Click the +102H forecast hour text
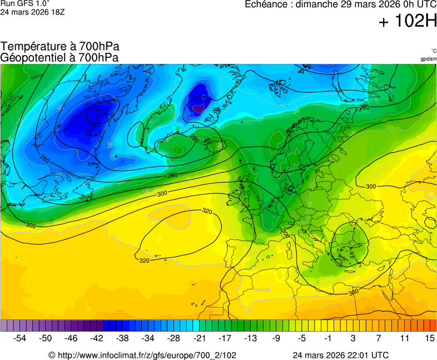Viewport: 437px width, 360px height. click(408, 22)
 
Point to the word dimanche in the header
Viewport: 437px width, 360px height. click(316, 4)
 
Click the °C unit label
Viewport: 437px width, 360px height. click(433, 51)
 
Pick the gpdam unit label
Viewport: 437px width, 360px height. click(428, 58)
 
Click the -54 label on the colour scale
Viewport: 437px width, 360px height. click(20, 338)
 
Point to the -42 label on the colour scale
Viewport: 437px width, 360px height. click(97, 338)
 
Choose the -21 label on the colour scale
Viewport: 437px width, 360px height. click(199, 338)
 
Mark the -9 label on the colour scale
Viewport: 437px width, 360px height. click(276, 338)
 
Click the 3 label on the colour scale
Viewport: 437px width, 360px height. click(353, 338)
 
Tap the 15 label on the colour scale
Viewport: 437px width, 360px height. click(430, 338)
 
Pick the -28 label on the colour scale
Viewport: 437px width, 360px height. click(174, 338)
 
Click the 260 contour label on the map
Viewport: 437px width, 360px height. click(194, 138)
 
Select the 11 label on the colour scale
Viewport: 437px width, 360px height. click(404, 338)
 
